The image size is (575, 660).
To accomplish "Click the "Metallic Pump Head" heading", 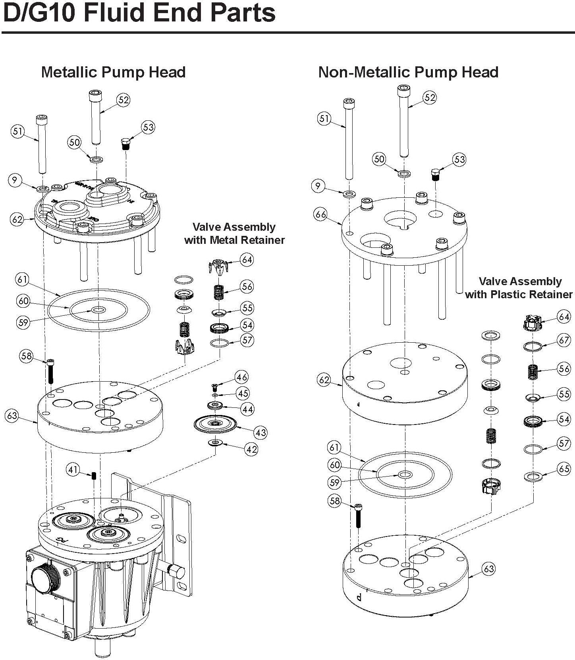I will pos(113,72).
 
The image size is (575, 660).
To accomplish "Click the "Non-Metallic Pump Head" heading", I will pos(408,72).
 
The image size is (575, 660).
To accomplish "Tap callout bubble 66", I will pos(320,215).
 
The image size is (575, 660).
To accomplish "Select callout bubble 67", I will pos(564,340).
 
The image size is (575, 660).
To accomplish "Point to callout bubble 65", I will pos(564,469).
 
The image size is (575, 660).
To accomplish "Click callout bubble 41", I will pos(73,470).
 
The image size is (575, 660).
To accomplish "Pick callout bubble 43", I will pos(260,432).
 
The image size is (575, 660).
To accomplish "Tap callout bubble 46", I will pos(241,377).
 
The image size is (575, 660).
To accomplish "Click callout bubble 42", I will pos(251,450).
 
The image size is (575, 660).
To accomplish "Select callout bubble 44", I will pos(248,409).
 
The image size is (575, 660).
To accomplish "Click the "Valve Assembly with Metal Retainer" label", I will pos(234,234).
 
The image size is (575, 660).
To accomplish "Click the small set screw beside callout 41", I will pos(95,476).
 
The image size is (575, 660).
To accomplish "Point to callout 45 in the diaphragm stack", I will pos(243,393).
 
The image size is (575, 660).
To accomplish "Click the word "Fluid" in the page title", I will pos(116,13).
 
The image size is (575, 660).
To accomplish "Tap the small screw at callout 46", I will pos(214,386).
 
